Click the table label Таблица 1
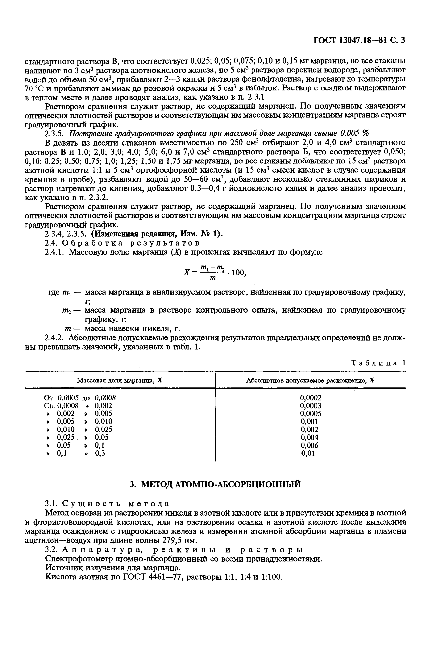pyautogui.click(x=379, y=363)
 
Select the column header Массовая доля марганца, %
pyautogui.click(x=120, y=380)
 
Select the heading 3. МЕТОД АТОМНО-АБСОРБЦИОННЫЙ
pyautogui.click(x=215, y=484)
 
